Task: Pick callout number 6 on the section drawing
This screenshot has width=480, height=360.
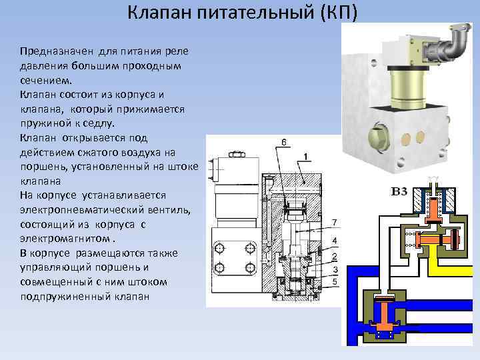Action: (x=284, y=142)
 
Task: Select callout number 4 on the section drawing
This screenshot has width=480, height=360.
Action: (x=334, y=240)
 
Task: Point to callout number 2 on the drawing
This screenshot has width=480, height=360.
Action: (x=334, y=256)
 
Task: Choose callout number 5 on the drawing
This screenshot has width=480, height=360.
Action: (x=334, y=281)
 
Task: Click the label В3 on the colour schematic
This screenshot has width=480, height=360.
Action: (x=399, y=192)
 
